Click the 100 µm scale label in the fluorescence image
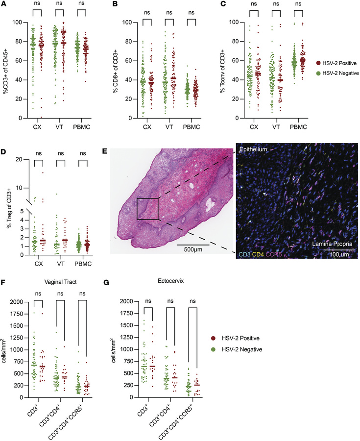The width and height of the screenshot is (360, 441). pyautogui.click(x=337, y=254)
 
